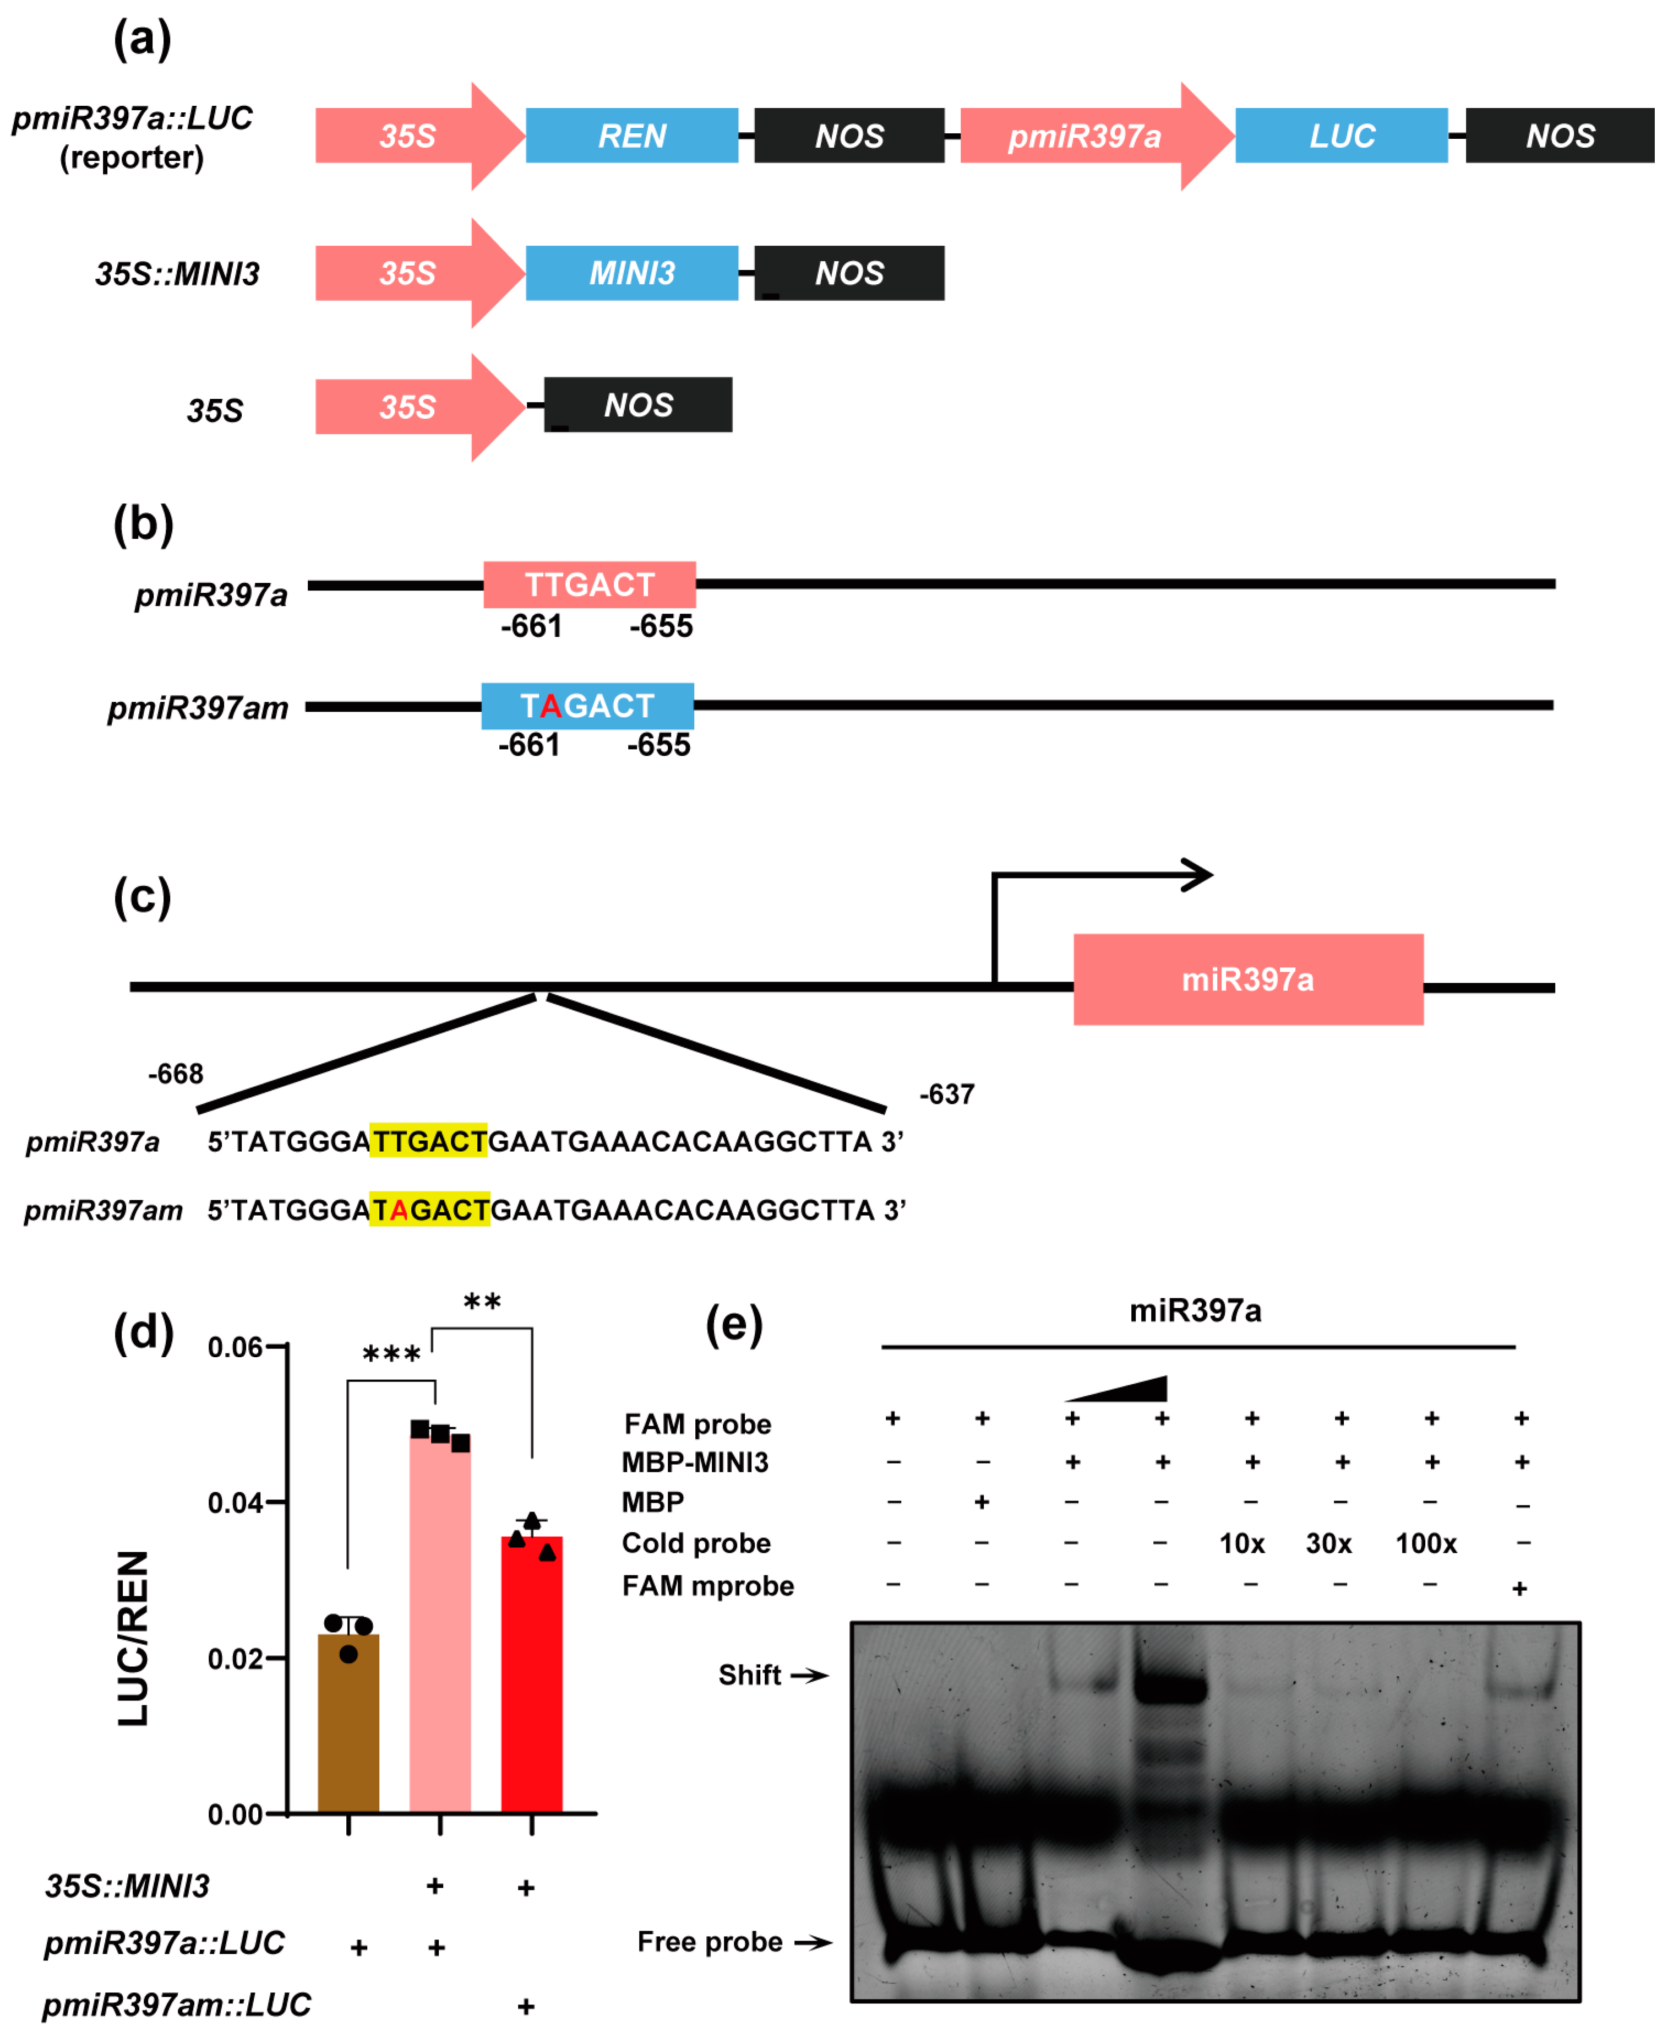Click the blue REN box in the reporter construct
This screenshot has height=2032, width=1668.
[x=631, y=136]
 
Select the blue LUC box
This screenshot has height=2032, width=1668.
[x=1342, y=136]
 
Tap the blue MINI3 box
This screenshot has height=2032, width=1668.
[x=631, y=273]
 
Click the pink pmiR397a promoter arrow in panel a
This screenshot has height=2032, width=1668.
[x=1086, y=136]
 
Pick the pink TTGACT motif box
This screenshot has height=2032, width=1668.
[x=589, y=584]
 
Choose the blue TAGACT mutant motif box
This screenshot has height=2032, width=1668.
[x=587, y=706]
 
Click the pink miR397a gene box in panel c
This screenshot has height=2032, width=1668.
[x=1248, y=979]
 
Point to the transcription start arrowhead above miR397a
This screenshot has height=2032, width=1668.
[x=1199, y=875]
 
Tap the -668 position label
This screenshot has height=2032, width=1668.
[x=176, y=1074]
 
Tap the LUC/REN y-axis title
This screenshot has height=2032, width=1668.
[x=134, y=1638]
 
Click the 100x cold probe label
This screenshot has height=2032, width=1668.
[x=1426, y=1544]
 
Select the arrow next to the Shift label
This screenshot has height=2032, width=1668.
[x=809, y=1676]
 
